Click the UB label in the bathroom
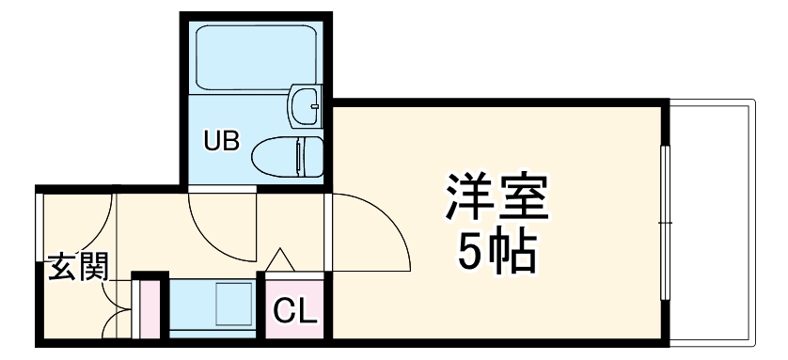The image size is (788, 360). point(223,142)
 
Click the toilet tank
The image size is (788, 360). point(309,153)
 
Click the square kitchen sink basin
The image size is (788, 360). point(230,304)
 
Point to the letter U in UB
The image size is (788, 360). point(214,142)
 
